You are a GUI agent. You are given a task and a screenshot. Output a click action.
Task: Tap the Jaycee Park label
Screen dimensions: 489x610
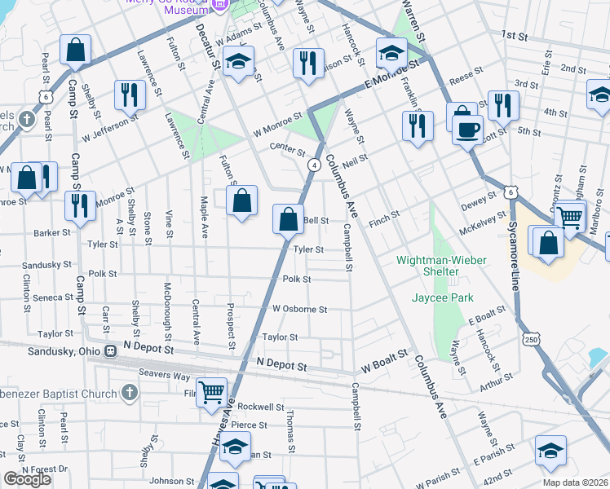click(442, 298)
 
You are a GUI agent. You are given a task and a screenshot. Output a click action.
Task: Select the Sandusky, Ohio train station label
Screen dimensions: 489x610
click(56, 350)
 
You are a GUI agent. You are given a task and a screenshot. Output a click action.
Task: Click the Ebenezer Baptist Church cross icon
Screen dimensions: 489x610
click(128, 393)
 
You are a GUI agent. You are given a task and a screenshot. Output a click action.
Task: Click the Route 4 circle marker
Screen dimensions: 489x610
click(312, 165)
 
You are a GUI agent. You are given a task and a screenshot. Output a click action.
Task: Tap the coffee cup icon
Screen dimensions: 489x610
click(467, 130)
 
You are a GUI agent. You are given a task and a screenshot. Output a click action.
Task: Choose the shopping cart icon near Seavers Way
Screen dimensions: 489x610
click(212, 392)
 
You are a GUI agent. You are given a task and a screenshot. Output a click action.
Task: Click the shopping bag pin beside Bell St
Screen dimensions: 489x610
click(288, 219)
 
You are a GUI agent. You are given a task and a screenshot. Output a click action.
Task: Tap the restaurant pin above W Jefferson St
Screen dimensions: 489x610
click(129, 94)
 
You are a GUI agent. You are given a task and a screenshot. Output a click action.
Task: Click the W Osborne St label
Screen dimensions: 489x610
click(299, 310)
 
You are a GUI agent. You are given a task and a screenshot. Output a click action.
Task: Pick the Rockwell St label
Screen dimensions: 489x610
click(261, 407)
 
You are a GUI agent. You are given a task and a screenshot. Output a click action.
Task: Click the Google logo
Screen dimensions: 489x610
click(27, 479)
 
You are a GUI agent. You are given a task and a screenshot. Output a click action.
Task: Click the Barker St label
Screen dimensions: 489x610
click(52, 231)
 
